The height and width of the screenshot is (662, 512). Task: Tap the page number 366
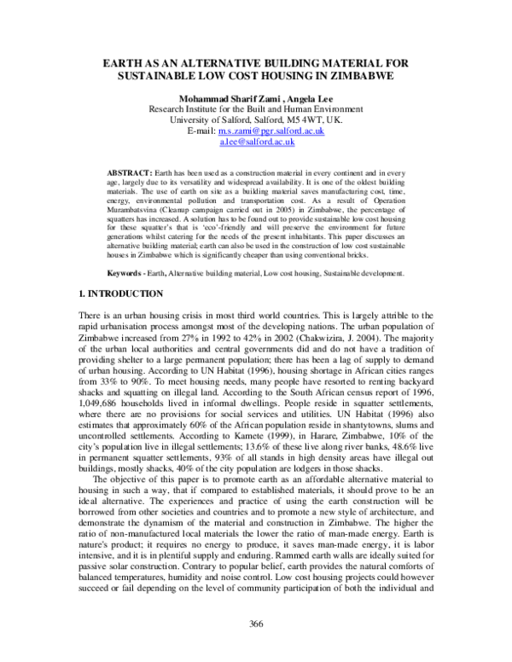[x=256, y=624]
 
